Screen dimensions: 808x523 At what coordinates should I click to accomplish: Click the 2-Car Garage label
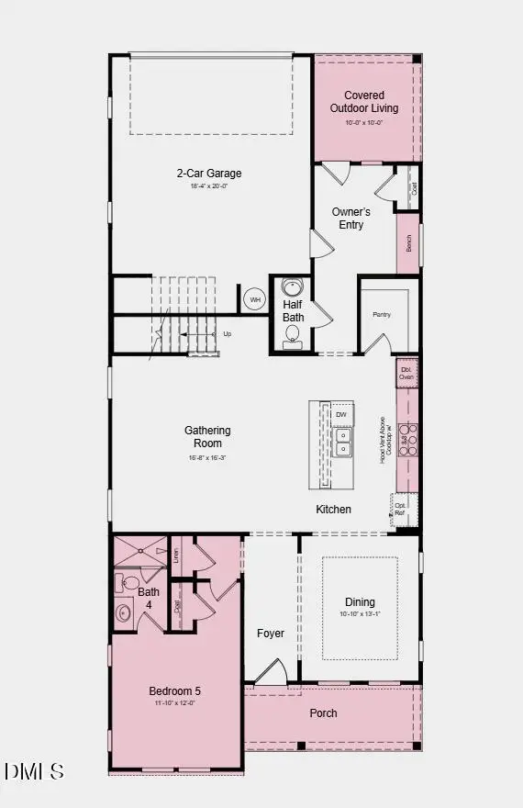(x=209, y=173)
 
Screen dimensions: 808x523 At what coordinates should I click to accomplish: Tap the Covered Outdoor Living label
(x=364, y=101)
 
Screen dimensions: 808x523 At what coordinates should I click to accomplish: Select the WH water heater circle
(x=254, y=298)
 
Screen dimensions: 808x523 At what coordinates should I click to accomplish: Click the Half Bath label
(x=293, y=311)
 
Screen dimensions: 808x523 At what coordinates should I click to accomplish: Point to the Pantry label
(x=382, y=315)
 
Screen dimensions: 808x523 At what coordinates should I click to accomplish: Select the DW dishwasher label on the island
(x=340, y=415)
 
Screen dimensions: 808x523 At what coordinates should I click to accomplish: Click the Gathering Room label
(x=207, y=436)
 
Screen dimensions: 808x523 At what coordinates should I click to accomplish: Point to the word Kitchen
(x=333, y=510)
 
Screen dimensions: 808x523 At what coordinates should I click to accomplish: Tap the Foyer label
(x=271, y=634)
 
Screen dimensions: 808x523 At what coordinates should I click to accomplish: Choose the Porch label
(x=323, y=713)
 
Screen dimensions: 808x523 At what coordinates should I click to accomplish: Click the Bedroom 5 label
(x=174, y=691)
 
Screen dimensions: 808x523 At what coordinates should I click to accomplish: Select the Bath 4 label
(x=149, y=598)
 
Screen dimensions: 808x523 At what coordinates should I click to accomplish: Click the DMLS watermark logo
(x=34, y=771)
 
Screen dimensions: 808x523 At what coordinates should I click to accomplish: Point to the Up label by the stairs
(x=228, y=333)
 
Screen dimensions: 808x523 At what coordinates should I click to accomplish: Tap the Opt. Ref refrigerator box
(x=401, y=508)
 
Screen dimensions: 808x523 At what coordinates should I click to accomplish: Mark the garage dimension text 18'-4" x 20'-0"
(x=208, y=186)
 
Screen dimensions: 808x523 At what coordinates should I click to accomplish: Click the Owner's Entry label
(x=351, y=219)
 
